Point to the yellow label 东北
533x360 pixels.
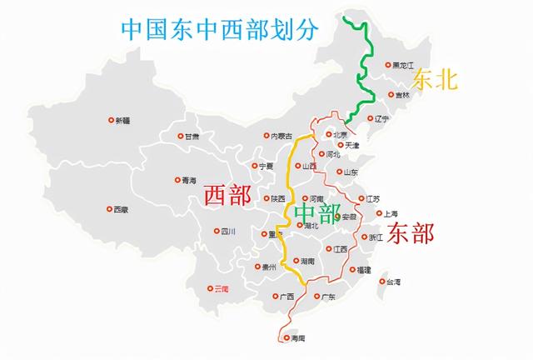(435, 80)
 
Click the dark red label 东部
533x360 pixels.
(411, 233)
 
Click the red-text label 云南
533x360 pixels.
(220, 288)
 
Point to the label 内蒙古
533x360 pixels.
(281, 135)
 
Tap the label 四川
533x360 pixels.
(230, 232)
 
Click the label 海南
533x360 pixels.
(296, 338)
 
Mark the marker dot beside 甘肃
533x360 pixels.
(180, 136)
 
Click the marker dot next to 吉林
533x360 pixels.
(391, 95)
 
